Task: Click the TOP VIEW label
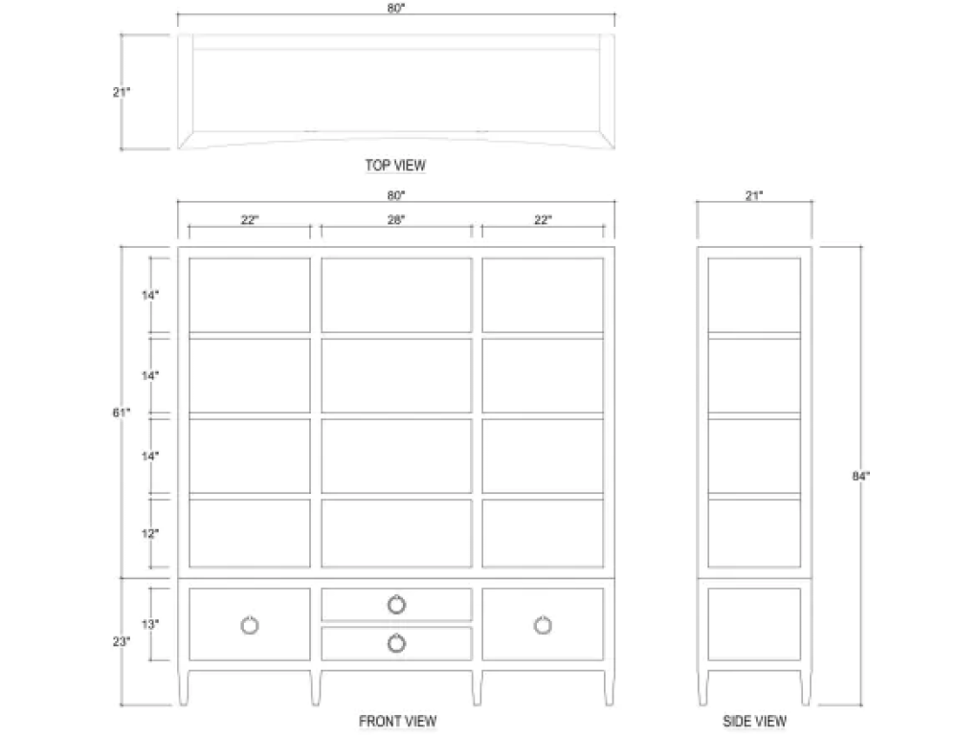click(395, 166)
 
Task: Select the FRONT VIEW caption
click(397, 722)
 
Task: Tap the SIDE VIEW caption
click(754, 722)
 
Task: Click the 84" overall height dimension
click(860, 477)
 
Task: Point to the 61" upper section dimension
click(122, 412)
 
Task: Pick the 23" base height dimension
click(122, 641)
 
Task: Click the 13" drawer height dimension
click(150, 624)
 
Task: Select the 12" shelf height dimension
click(150, 533)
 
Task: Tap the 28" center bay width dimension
click(395, 220)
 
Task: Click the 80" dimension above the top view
click(395, 8)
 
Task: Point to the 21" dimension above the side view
click(754, 195)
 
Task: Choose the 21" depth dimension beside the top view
click(122, 92)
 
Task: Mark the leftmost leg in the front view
click(183, 687)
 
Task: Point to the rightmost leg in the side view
click(806, 687)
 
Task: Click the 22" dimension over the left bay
click(250, 220)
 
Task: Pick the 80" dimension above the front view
click(395, 195)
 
